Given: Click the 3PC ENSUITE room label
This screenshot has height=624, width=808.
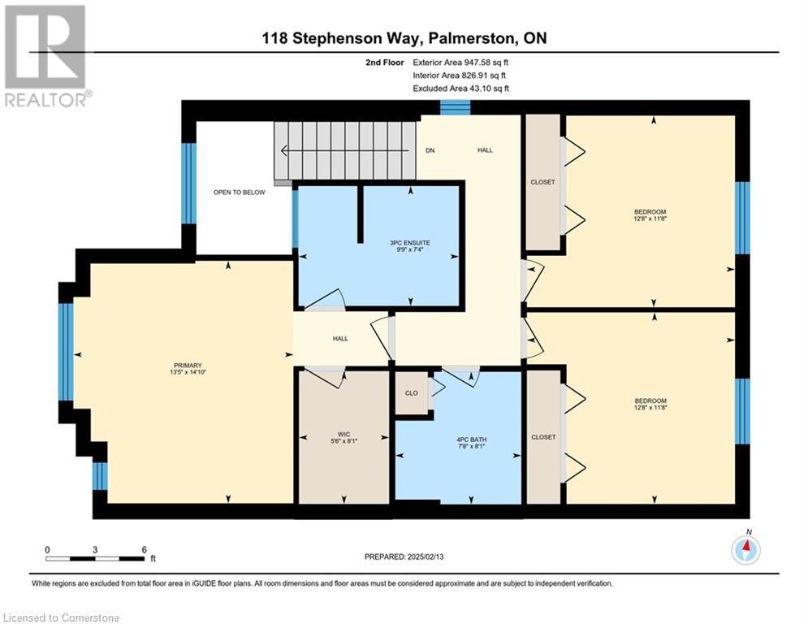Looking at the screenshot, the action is coord(409,243).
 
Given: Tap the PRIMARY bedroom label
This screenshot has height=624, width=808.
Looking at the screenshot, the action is coord(188,366).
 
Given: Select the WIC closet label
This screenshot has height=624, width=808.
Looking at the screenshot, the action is coord(344,435).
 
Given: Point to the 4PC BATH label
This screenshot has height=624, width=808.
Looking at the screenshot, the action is coord(472,440).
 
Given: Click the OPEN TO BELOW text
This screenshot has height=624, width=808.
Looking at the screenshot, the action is coord(239,193).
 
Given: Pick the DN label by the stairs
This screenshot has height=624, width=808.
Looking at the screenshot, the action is coord(430,150).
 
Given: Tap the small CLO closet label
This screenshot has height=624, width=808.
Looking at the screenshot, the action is coord(411,393).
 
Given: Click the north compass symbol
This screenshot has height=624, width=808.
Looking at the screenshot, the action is coord(745,550).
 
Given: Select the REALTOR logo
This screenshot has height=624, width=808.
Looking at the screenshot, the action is coord(47,56).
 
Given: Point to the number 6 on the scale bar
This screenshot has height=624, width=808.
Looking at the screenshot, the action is coord(145,550).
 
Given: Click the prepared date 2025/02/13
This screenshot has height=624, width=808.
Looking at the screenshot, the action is coord(426,557).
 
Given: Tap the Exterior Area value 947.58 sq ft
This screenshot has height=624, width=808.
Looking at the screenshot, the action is coord(486,63).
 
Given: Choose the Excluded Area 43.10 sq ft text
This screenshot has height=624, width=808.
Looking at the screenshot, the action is coord(460,89).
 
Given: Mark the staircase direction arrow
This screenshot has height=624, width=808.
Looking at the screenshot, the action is coord(345,150).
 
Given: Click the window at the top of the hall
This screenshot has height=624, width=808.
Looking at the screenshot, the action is coord(455,106).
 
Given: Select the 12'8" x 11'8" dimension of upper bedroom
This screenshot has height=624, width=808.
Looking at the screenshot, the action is coord(650,219).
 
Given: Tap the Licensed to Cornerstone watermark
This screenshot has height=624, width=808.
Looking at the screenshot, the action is coord(61,617).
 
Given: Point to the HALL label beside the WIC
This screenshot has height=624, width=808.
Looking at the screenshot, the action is coord(340,339).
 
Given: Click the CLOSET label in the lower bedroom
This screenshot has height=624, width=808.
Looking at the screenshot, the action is coord(543,437).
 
